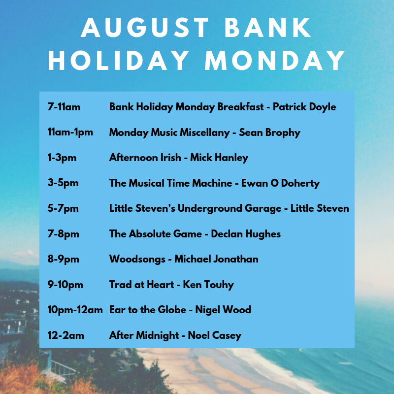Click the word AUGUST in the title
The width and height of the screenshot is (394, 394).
coord(145,28)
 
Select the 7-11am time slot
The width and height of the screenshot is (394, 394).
coord(64,107)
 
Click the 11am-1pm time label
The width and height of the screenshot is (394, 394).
coord(70,132)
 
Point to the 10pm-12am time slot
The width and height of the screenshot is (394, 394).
coord(75,310)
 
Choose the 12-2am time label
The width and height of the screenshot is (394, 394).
coord(66,335)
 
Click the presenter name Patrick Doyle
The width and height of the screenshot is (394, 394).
coord(304,107)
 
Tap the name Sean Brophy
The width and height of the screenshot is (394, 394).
coord(269,132)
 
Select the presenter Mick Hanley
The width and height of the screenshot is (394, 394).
coord(219,158)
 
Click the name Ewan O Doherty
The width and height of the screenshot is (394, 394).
coord(280,183)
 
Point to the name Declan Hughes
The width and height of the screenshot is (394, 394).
coord(246,234)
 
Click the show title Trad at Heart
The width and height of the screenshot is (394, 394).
coord(141,285)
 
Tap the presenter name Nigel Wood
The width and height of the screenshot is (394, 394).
coord(223,310)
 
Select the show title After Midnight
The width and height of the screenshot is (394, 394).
coord(144,335)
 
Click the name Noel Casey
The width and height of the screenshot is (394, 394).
coord(215,335)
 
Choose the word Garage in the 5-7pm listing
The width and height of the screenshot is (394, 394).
coord(263,208)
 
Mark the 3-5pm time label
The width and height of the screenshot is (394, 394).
coord(63,183)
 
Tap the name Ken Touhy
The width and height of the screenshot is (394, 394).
coord(208,285)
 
